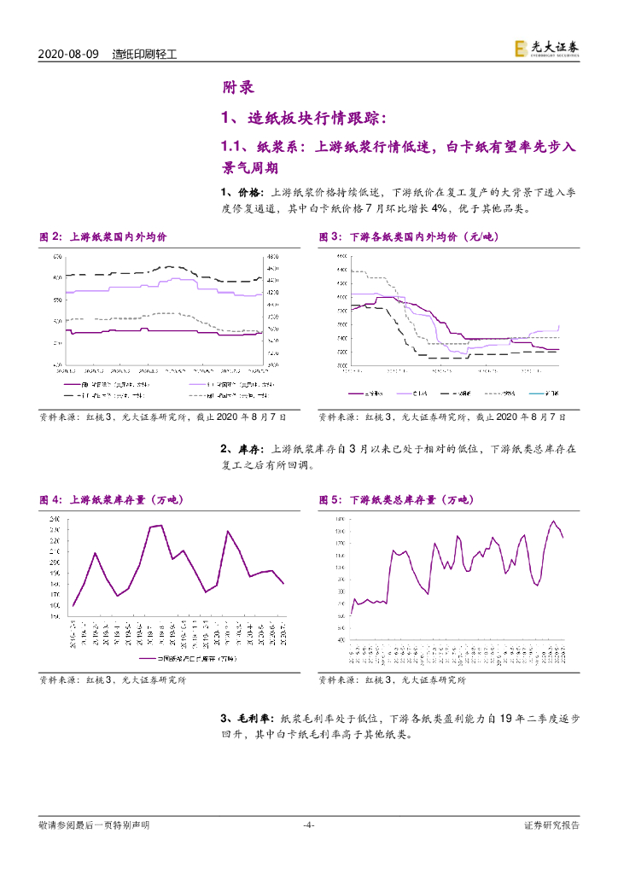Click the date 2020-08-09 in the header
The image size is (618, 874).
[70, 53]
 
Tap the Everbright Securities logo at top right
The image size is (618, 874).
[546, 50]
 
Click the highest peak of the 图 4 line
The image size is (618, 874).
[161, 525]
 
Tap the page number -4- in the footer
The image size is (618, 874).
[309, 824]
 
